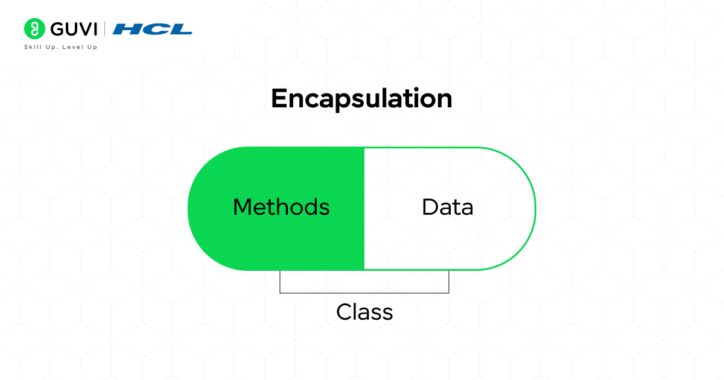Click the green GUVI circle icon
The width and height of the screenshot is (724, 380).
click(34, 28)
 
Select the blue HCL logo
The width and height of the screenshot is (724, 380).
click(152, 29)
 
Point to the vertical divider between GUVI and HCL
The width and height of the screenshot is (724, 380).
click(105, 29)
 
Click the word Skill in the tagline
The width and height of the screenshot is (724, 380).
click(32, 47)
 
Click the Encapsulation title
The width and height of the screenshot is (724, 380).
click(361, 99)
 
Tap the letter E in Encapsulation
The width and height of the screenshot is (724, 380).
click(278, 99)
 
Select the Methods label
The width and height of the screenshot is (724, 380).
click(281, 207)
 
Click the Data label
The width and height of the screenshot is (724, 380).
click(448, 207)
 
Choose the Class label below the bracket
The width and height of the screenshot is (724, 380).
click(364, 312)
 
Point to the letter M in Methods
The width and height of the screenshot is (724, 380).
click(242, 207)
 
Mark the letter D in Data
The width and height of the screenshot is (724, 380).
click(430, 207)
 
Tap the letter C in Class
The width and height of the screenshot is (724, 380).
click(344, 312)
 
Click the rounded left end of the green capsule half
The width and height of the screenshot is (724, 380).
click(202, 209)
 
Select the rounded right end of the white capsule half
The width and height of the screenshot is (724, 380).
click(524, 209)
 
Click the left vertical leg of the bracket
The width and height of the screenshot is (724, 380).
click(280, 282)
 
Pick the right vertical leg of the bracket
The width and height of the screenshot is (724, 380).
click(449, 282)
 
